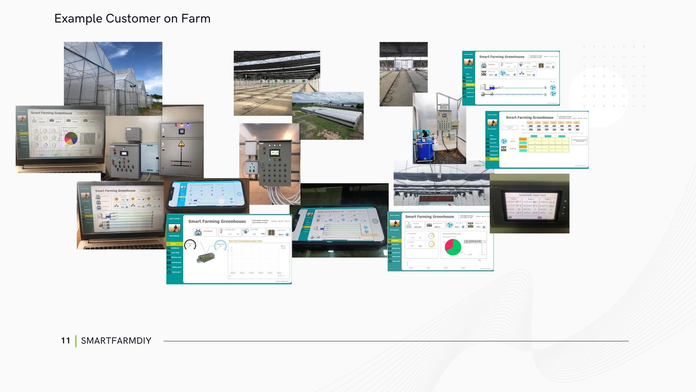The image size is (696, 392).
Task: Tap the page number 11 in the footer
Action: click(x=65, y=340)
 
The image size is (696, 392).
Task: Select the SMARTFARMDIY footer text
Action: click(x=116, y=340)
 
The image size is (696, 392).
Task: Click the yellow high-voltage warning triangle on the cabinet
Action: click(x=181, y=144)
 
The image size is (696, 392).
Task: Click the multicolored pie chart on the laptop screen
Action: click(x=71, y=138)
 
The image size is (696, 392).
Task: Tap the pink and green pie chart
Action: click(x=453, y=247)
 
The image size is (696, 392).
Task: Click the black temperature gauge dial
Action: click(x=190, y=245)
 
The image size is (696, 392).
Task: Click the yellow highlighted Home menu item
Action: click(x=174, y=244)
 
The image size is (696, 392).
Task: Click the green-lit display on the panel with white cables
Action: click(x=274, y=153)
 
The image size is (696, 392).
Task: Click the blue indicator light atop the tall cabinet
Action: click(x=187, y=125)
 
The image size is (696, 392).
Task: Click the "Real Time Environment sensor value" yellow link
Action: click(x=245, y=241)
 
